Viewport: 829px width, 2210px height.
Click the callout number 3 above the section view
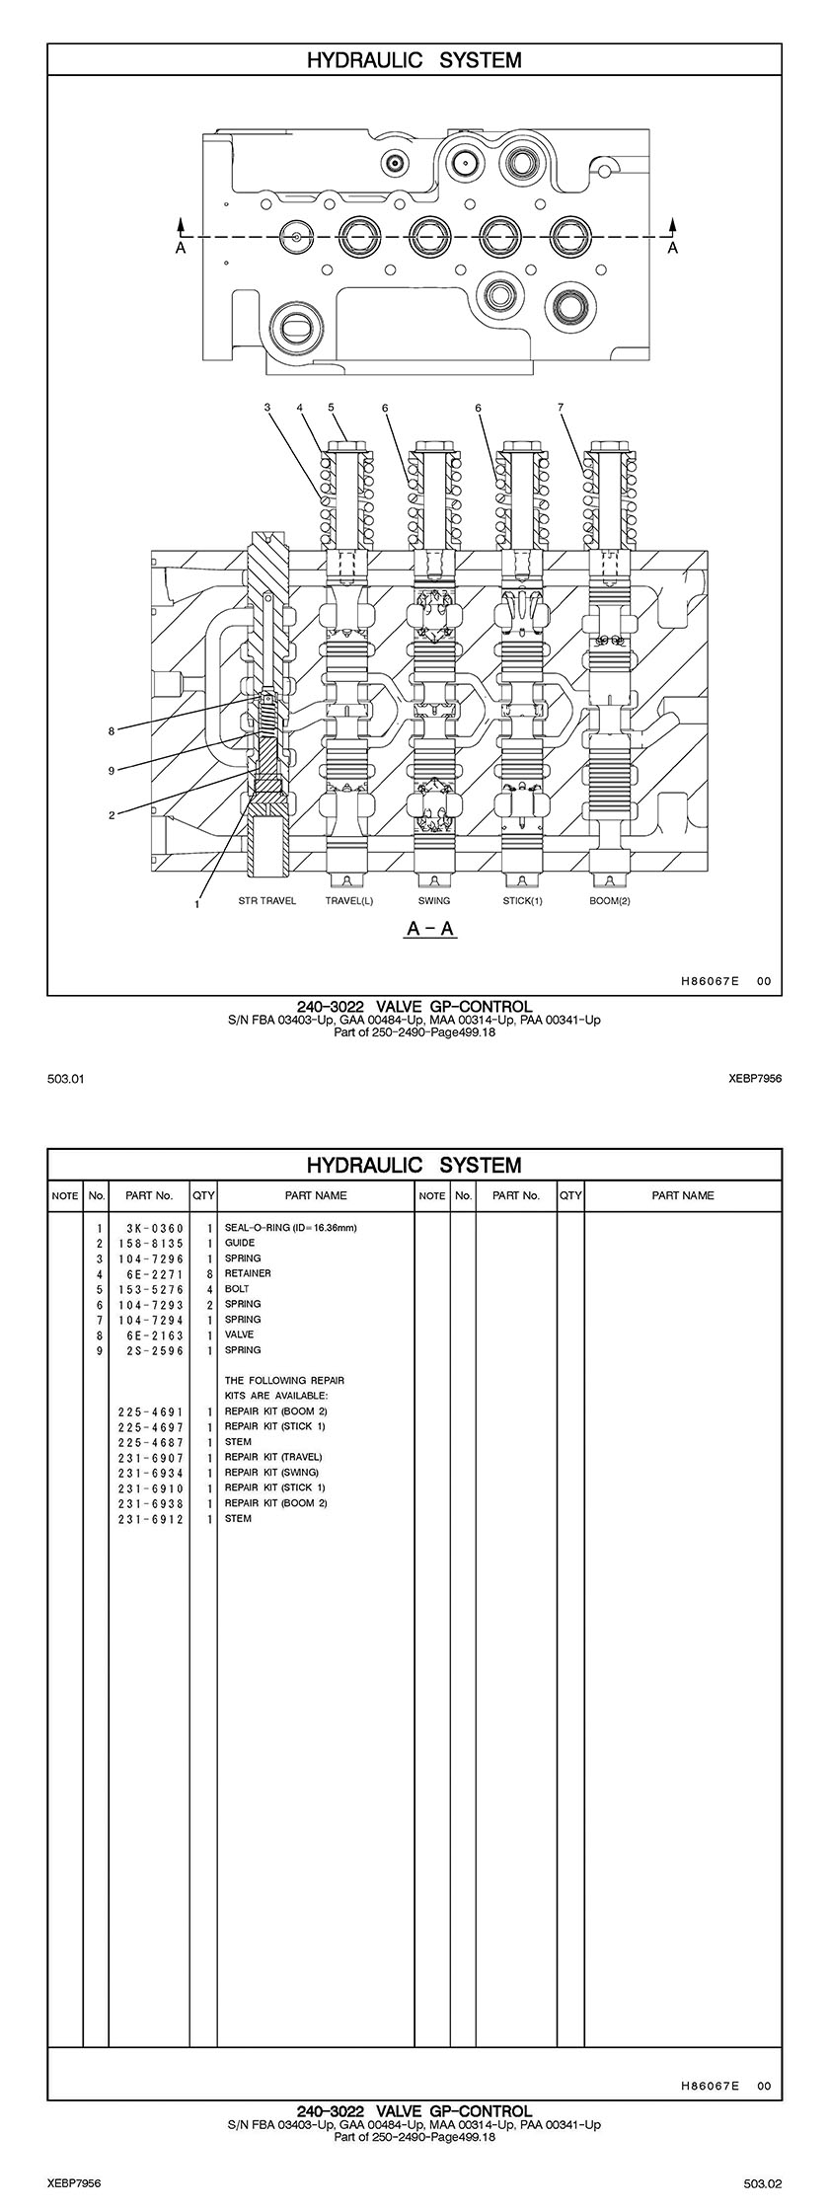[266, 407]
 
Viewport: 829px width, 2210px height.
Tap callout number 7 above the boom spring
[560, 407]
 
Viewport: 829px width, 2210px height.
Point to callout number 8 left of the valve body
[112, 731]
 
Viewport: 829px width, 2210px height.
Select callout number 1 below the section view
[197, 903]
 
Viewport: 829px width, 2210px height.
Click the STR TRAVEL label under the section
[266, 901]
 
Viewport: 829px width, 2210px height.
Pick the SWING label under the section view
[433, 901]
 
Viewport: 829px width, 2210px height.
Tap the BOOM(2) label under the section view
[610, 901]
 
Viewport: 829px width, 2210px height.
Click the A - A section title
[432, 929]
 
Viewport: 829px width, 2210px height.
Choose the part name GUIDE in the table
[240, 1243]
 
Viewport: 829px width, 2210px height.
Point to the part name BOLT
[237, 1289]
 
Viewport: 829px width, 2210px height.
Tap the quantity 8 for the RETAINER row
[210, 1273]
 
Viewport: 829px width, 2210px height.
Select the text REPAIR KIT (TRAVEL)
[273, 1457]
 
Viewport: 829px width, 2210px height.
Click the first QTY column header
[203, 1195]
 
